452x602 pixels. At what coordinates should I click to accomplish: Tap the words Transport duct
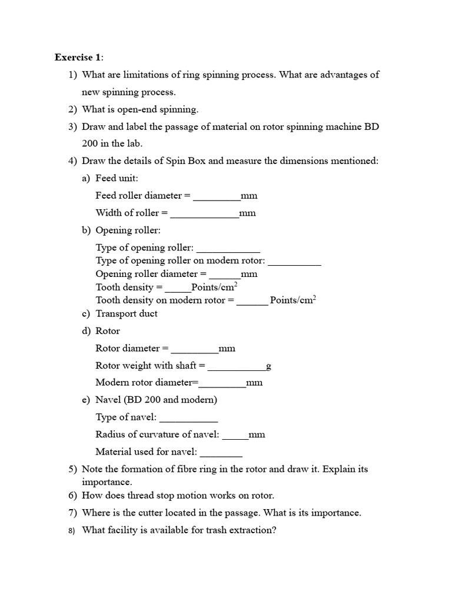pyautogui.click(x=127, y=314)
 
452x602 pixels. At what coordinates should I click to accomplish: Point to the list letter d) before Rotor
pyautogui.click(x=86, y=331)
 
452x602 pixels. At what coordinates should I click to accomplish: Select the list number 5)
pyautogui.click(x=72, y=470)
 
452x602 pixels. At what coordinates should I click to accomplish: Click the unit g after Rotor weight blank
pyautogui.click(x=268, y=366)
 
